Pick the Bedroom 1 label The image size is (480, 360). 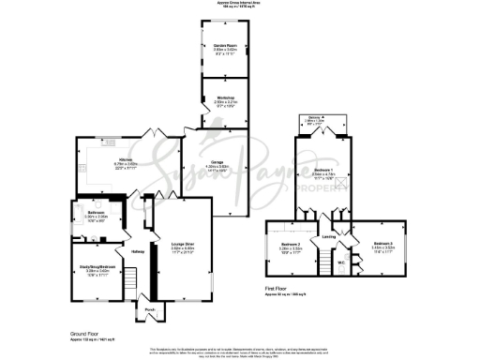click(x=324, y=172)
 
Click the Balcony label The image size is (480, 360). click(x=323, y=119)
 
